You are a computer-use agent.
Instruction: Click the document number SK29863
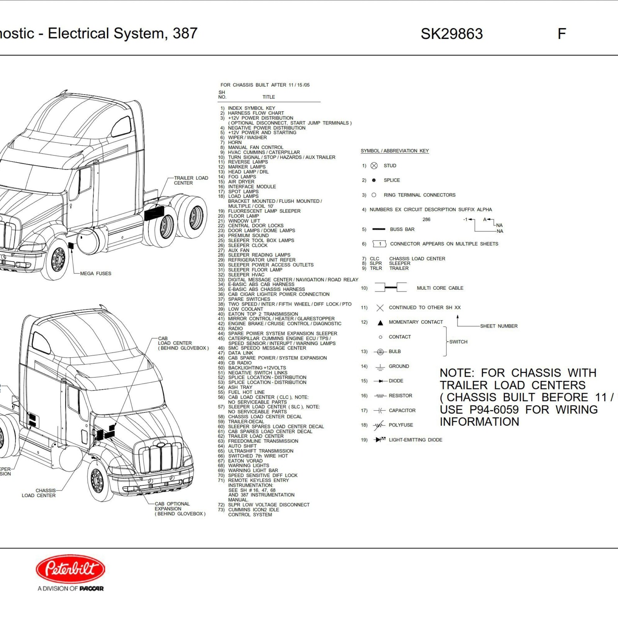(x=452, y=34)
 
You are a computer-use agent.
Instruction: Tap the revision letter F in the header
(x=562, y=34)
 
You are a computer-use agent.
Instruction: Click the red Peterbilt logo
(x=70, y=569)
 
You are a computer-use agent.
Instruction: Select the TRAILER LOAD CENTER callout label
(x=191, y=180)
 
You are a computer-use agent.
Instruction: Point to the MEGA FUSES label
(x=95, y=273)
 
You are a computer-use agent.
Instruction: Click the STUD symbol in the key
(x=374, y=166)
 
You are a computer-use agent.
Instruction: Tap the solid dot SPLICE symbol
(x=374, y=180)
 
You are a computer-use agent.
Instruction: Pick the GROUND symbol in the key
(x=380, y=367)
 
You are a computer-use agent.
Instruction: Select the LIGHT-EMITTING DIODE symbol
(x=380, y=440)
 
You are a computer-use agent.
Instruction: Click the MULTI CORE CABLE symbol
(x=390, y=288)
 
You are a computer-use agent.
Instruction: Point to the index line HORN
(x=234, y=143)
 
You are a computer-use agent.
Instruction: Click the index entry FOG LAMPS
(x=242, y=177)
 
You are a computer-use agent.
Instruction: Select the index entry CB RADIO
(x=239, y=363)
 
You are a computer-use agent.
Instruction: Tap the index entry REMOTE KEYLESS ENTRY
(x=258, y=480)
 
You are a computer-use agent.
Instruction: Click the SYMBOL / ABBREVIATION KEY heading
(x=394, y=151)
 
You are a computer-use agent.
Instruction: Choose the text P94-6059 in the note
(x=494, y=409)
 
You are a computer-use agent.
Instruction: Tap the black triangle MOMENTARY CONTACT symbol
(x=380, y=323)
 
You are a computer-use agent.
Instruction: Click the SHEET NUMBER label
(x=499, y=326)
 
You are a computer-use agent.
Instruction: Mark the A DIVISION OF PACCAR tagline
(x=70, y=588)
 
